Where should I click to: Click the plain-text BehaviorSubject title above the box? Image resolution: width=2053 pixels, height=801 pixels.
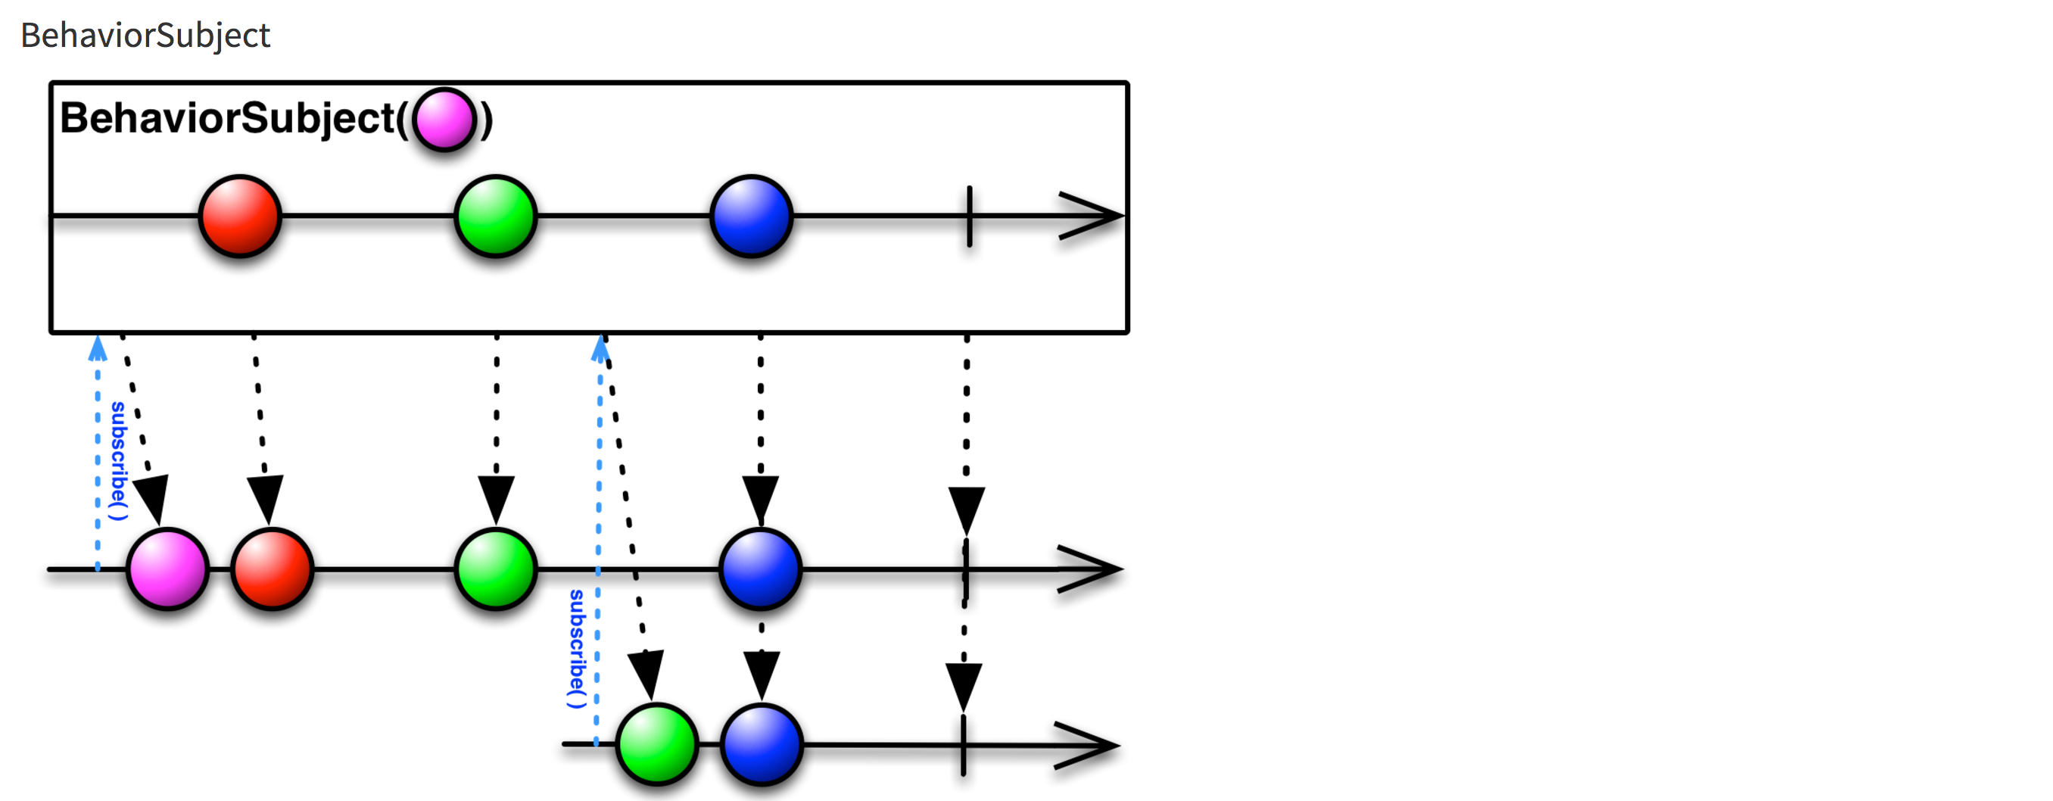pos(145,36)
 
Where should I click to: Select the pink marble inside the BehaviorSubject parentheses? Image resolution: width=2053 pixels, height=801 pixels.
pos(444,120)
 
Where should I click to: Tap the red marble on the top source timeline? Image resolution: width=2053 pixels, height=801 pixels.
pos(240,216)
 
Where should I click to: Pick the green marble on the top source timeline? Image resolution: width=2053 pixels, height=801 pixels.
pos(496,216)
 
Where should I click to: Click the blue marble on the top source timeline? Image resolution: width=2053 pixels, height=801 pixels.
pos(752,216)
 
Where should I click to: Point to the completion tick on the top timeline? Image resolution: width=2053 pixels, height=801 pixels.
pos(969,216)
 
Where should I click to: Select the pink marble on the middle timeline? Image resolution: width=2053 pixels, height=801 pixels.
pos(167,569)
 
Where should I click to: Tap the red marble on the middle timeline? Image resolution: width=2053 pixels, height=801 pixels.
pos(272,569)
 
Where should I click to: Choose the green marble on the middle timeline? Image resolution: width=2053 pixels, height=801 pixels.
pos(496,569)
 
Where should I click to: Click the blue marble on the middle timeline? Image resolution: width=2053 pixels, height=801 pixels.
pos(760,569)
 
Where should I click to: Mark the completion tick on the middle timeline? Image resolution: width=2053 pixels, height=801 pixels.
pos(966,569)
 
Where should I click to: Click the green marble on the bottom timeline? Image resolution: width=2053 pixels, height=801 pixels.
pos(657,745)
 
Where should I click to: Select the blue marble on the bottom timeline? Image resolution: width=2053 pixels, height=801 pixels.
pos(762,745)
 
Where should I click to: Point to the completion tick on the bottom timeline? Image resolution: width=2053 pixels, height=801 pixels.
pos(964,745)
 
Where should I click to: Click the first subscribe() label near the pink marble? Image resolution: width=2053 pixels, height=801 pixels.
pos(119,460)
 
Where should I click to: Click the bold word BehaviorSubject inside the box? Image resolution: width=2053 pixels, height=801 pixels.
pos(227,119)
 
